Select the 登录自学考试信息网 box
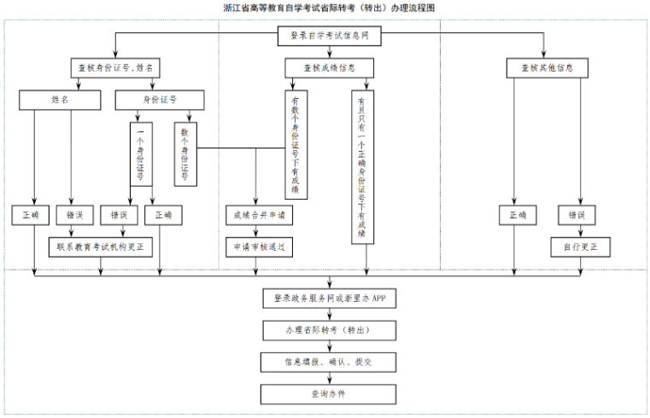(x=329, y=37)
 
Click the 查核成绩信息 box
(x=329, y=68)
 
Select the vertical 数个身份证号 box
(x=184, y=154)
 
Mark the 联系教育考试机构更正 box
(x=101, y=247)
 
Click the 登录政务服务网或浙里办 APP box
(x=329, y=299)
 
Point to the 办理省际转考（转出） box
(x=329, y=330)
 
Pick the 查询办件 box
(x=329, y=394)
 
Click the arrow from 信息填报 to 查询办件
(x=329, y=378)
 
